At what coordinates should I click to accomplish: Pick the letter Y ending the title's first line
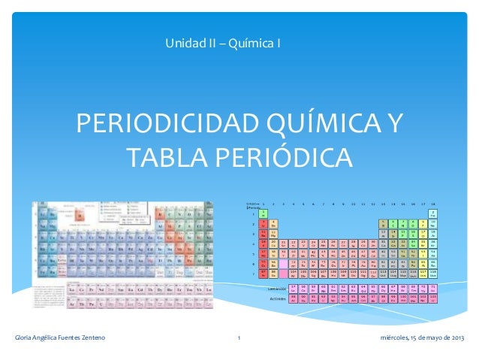click(x=393, y=125)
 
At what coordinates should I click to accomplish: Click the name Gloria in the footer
click(x=26, y=337)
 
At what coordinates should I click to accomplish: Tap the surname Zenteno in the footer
click(x=89, y=337)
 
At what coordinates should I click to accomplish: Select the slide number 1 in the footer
click(x=238, y=337)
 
